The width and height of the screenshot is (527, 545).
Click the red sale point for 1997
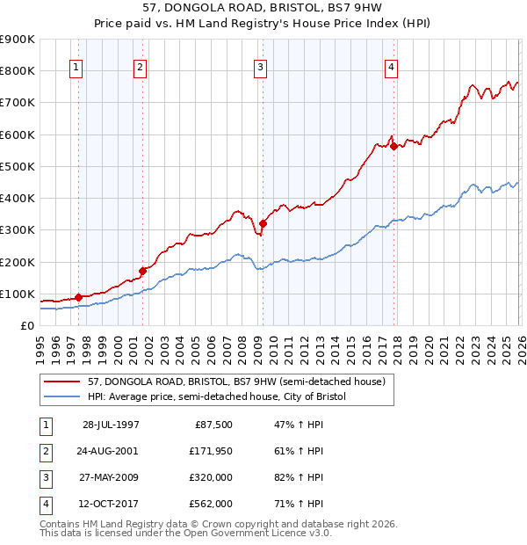tap(79, 297)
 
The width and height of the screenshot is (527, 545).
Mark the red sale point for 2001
tap(142, 271)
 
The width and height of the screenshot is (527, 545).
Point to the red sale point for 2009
tap(263, 223)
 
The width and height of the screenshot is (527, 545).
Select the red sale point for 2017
tap(393, 146)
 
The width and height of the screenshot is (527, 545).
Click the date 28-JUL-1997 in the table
tap(112, 425)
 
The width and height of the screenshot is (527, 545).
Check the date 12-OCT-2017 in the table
tap(112, 504)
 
